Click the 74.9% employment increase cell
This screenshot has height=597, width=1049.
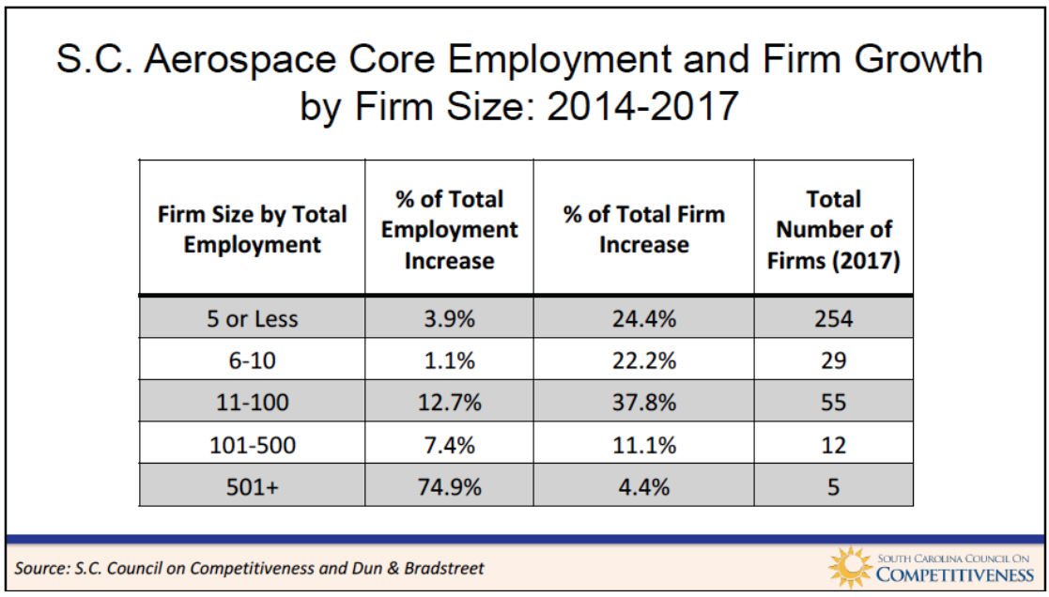[x=449, y=486]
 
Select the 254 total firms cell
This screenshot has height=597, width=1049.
[x=833, y=318]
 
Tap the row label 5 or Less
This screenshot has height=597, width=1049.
[x=253, y=318]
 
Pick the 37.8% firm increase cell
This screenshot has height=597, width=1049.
[x=643, y=403]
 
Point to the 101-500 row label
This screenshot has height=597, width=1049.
[x=253, y=445]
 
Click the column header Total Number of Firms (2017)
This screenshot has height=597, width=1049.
[x=833, y=230]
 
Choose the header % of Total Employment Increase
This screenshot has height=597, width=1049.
[x=449, y=230]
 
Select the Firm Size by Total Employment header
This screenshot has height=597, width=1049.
[x=253, y=230]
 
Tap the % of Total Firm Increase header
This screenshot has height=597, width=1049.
[x=643, y=230]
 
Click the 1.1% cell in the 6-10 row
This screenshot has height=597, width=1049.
[x=449, y=360]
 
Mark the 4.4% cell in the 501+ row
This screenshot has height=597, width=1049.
[x=643, y=486]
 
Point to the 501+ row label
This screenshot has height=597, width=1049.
[x=253, y=486]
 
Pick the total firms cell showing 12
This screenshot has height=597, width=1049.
[x=833, y=445]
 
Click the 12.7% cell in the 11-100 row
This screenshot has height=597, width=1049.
[x=449, y=403]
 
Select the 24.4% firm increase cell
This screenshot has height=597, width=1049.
[x=643, y=318]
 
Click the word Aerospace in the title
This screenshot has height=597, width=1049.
[x=239, y=59]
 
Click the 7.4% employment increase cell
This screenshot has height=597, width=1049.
[x=449, y=445]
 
